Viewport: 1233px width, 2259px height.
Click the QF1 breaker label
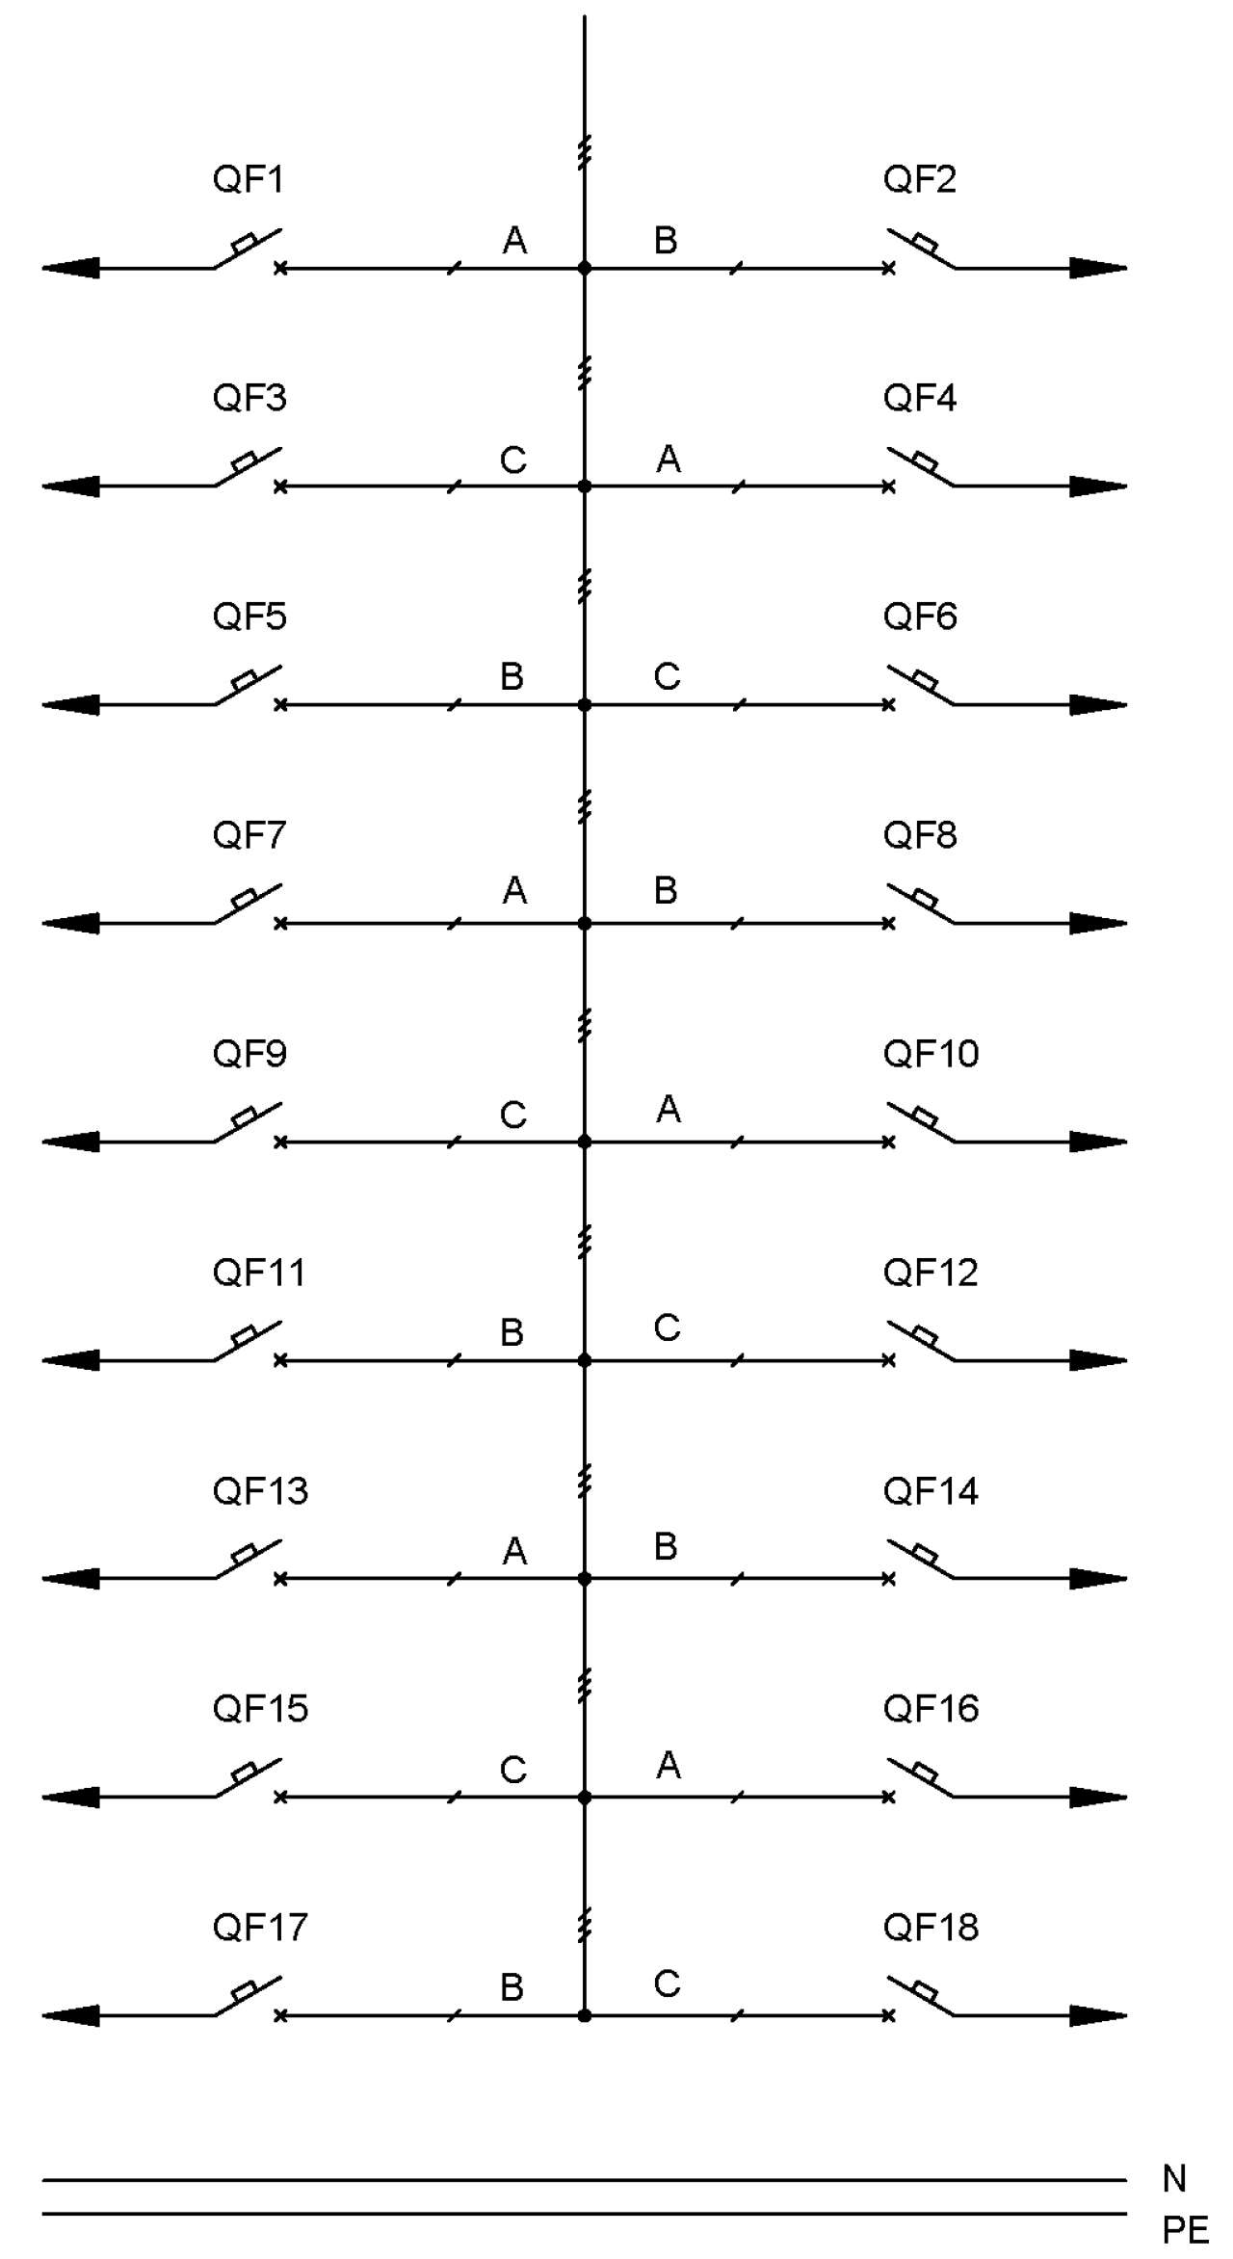pos(249,180)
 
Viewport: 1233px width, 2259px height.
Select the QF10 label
pos(931,1054)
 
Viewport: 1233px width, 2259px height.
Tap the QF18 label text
pos(931,1928)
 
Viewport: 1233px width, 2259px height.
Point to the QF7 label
pos(249,835)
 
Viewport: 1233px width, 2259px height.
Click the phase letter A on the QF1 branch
pos(514,240)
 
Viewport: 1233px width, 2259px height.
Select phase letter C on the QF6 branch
pos(667,676)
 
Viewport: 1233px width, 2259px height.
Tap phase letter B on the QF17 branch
pos(512,1987)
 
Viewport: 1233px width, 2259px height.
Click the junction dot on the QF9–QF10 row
pos(584,1142)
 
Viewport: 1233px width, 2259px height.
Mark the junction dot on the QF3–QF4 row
pos(584,486)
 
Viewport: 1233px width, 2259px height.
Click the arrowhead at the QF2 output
pos(1098,268)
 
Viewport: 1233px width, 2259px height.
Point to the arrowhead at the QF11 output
pos(70,1360)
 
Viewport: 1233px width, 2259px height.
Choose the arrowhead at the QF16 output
pos(1098,1797)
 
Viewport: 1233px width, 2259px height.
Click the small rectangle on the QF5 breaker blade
pos(245,679)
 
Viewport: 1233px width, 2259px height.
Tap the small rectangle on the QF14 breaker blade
pos(926,1554)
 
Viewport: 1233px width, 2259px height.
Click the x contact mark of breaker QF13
pos(280,1579)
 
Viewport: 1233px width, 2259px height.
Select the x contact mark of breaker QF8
pos(888,923)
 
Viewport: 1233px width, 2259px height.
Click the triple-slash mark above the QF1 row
pos(584,152)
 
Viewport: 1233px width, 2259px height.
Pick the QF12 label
pos(931,1273)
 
